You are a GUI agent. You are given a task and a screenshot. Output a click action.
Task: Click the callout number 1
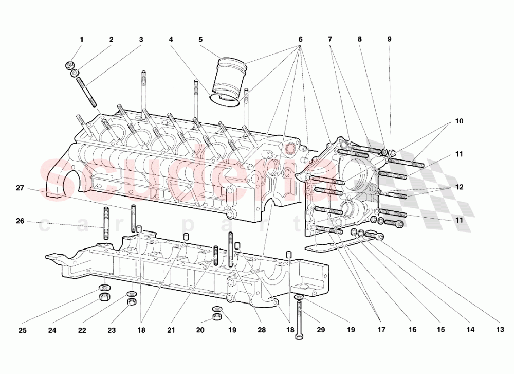point(81,40)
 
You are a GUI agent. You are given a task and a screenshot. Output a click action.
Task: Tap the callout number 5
point(200,40)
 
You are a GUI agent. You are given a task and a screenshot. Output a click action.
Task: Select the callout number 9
point(389,40)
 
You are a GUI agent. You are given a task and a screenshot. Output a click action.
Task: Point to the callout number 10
point(459,122)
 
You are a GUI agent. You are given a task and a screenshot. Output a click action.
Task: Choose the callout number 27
point(20,188)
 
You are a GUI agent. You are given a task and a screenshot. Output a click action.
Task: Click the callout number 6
point(300,40)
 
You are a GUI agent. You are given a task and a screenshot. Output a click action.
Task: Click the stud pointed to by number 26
point(106,223)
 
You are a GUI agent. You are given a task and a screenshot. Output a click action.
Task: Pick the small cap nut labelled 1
point(68,65)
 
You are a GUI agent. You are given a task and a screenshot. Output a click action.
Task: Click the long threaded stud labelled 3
point(88,92)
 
